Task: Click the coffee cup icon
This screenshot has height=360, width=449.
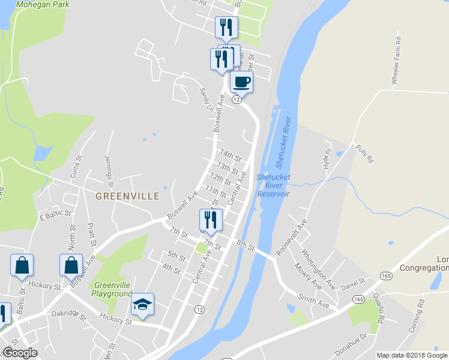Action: point(241,82)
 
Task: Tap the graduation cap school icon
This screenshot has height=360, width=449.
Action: point(143,305)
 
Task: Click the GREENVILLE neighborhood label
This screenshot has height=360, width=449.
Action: point(127,196)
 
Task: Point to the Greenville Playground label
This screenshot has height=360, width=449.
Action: point(112,289)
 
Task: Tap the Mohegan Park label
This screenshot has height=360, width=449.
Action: point(43,4)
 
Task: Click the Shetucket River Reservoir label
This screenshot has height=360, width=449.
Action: point(274,185)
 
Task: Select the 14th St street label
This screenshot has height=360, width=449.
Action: point(230,156)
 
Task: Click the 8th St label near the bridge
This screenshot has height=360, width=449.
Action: point(246,245)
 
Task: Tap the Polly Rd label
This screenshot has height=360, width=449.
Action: point(364,154)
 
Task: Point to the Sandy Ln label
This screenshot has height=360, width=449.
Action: point(206,101)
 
